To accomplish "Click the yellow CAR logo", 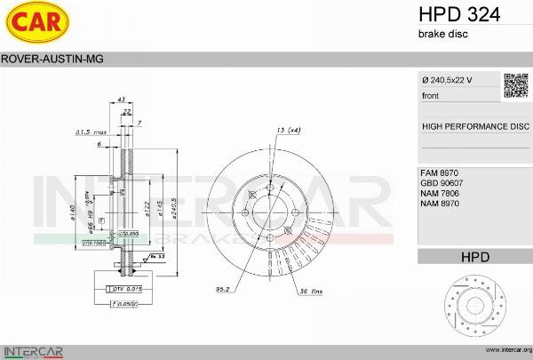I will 39,23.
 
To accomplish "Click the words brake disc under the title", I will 442,34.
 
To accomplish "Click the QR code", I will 516,84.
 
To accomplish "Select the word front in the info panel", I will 431,95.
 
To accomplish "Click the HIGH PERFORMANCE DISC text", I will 475,127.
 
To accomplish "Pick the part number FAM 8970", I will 440,172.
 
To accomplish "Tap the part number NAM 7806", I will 440,193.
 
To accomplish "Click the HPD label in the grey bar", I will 475,257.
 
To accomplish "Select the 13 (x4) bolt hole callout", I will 288,131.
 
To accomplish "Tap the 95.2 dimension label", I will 224,289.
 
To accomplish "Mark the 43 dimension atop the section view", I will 122,100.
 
